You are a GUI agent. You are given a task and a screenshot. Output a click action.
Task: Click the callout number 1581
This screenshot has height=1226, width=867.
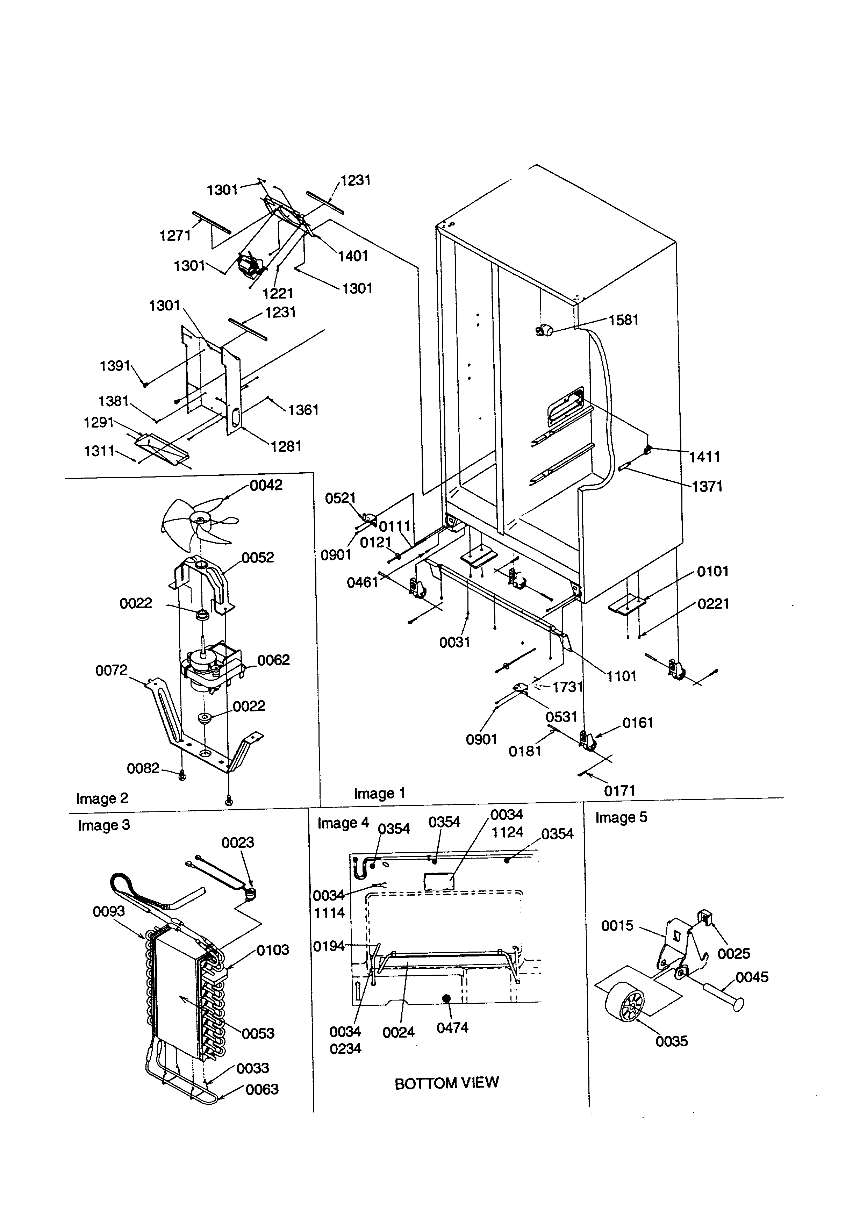point(624,320)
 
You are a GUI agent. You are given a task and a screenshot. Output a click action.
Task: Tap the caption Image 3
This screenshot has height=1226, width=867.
point(103,825)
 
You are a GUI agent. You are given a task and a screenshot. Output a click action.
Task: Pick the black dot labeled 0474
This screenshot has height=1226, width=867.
point(446,998)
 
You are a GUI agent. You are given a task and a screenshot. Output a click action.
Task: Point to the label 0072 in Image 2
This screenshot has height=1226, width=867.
point(111,670)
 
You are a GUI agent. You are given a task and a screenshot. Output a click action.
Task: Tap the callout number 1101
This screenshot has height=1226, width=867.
point(622,676)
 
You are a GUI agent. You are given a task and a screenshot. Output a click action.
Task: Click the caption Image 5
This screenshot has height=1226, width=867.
point(621,818)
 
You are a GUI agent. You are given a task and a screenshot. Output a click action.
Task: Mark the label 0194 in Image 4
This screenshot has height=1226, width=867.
point(329,946)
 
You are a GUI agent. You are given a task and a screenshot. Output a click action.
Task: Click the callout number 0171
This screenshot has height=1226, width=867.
point(619,790)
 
